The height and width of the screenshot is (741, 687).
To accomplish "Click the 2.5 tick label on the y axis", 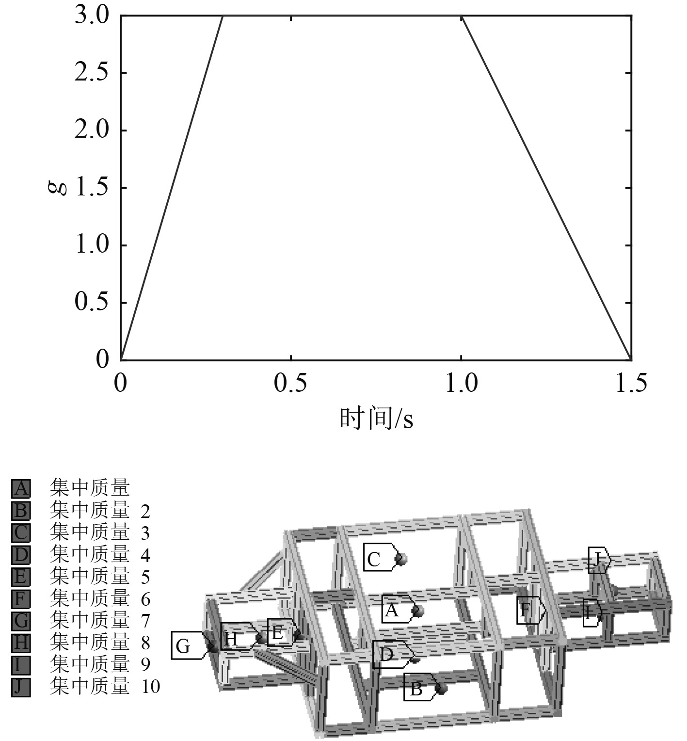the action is pyautogui.click(x=92, y=73).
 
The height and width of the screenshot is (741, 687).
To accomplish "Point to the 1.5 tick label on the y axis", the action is pyautogui.click(x=92, y=188).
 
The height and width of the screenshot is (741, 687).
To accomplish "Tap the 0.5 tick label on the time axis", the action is pyautogui.click(x=290, y=384).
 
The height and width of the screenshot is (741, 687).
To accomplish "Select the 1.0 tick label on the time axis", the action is pyautogui.click(x=461, y=384).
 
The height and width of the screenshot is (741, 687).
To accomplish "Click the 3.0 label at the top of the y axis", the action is pyautogui.click(x=92, y=16).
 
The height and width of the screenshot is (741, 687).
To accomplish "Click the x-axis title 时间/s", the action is pyautogui.click(x=376, y=418).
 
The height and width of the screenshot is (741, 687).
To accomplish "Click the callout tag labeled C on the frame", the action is pyautogui.click(x=381, y=558).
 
